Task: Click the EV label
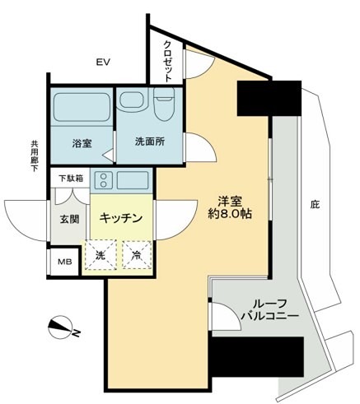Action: coord(103,63)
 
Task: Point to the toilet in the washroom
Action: coord(163,104)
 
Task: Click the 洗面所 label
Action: coord(150,141)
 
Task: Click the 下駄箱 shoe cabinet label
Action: coord(70,178)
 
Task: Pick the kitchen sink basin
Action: coord(132,180)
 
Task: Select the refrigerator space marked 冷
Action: coord(136,254)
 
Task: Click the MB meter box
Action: coord(64,264)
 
